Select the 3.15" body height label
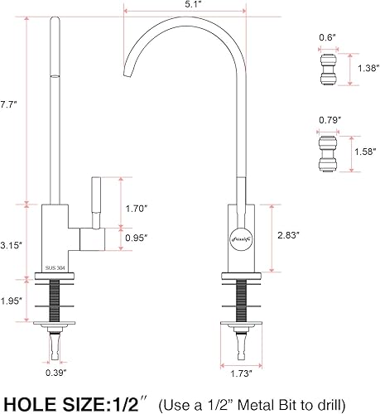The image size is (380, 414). pyautogui.click(x=10, y=246)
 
